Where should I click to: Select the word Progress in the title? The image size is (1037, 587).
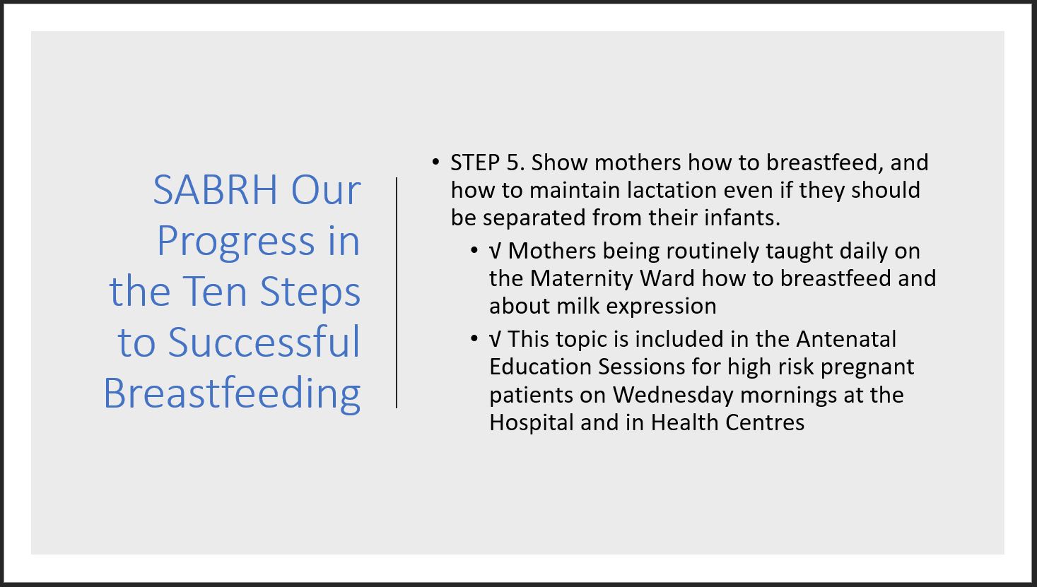(236, 242)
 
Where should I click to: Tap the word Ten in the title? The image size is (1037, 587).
(215, 292)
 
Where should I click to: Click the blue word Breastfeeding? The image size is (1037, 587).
(232, 393)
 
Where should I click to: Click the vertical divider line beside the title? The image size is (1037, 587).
(397, 292)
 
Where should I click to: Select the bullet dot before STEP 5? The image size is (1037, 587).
(435, 162)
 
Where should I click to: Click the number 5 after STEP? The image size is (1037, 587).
(516, 163)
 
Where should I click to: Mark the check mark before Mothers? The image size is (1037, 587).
(495, 251)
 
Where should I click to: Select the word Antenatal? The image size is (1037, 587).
(846, 339)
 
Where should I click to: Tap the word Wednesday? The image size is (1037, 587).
(673, 396)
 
